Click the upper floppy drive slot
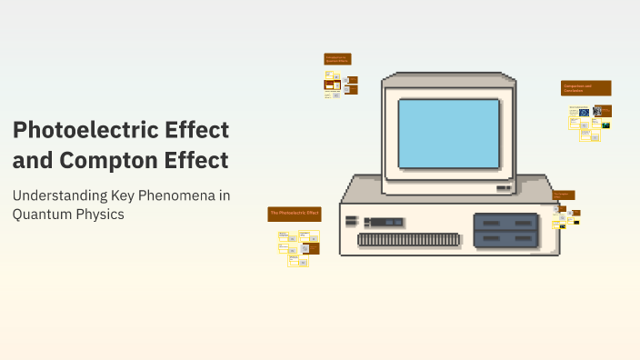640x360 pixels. coord(505,221)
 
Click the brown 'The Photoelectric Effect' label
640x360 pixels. coord(295,214)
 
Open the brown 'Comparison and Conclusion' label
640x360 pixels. coord(585,88)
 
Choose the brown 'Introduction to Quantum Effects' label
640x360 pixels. coord(337,58)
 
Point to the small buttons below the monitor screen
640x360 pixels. coord(503,187)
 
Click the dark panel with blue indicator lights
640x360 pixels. coord(381,222)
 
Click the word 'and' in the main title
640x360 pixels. coord(33,160)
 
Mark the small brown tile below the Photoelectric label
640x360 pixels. coord(312,247)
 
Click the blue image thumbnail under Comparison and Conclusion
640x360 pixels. coord(585,112)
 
